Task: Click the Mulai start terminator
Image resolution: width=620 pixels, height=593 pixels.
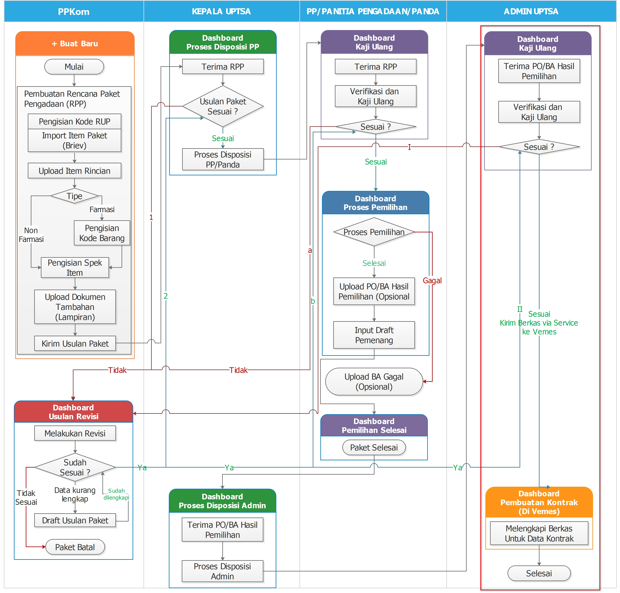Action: point(74,67)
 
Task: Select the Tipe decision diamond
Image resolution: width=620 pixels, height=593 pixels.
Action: point(74,196)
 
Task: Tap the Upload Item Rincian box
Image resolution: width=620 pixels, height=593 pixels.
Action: point(74,171)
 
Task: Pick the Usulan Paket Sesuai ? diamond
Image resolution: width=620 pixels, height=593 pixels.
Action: point(223,107)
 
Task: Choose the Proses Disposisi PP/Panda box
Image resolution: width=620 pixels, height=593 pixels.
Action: point(223,160)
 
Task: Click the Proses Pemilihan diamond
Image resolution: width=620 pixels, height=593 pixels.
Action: point(374,232)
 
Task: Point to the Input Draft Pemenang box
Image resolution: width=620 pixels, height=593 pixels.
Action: point(374,335)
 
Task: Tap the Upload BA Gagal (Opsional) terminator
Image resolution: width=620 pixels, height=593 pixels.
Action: point(374,382)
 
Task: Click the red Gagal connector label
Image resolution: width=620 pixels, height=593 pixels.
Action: point(432,280)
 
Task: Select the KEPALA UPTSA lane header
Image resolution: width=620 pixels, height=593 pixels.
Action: point(221,11)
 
